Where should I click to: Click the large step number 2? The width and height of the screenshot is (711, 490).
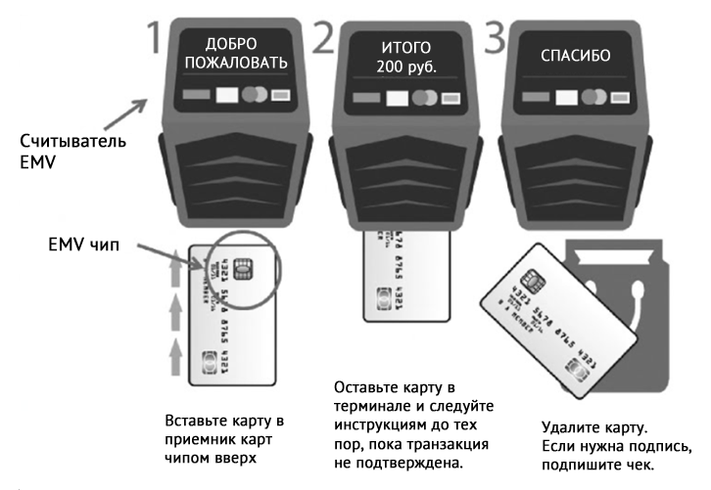[324, 36]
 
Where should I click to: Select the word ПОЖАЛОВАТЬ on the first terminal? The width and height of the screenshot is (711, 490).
[232, 64]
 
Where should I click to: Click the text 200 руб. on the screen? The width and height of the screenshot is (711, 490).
[405, 66]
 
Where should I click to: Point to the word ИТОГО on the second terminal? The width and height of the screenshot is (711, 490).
[405, 46]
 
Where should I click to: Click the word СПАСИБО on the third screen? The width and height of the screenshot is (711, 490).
[576, 56]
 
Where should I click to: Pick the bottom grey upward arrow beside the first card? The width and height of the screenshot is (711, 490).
[176, 352]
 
